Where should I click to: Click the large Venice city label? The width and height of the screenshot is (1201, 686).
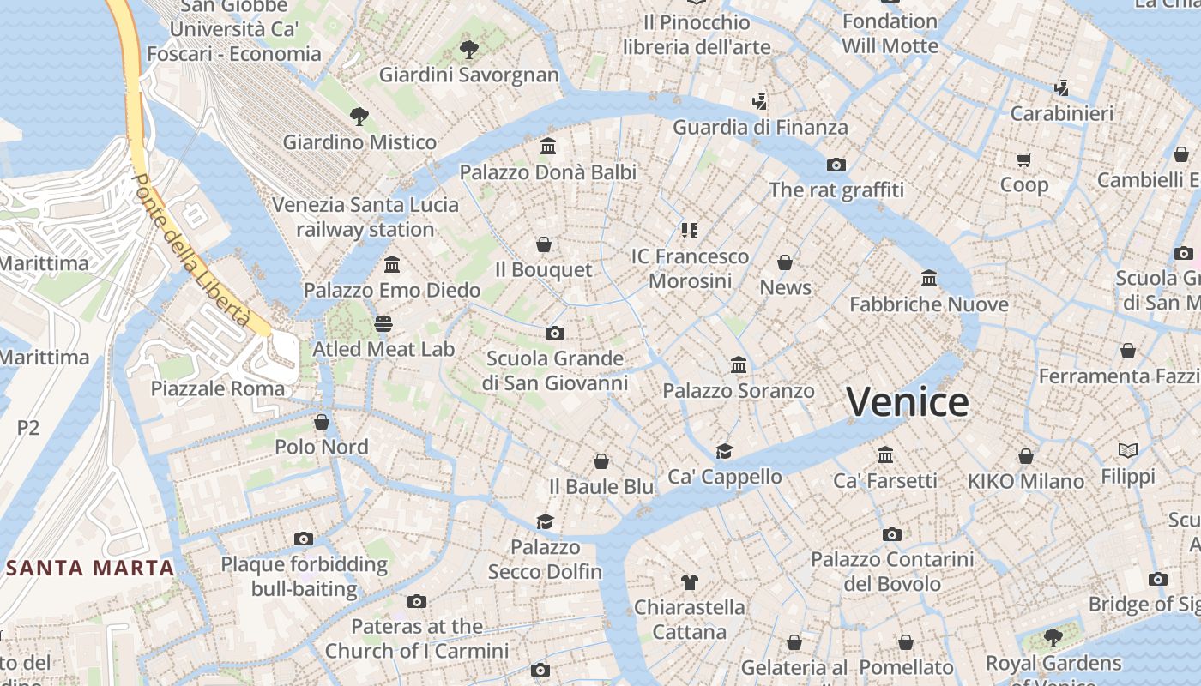pyautogui.click(x=908, y=401)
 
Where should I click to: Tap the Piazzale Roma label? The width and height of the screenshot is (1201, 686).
pyautogui.click(x=217, y=388)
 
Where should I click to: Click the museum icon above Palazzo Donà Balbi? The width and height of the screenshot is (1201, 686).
pyautogui.click(x=548, y=147)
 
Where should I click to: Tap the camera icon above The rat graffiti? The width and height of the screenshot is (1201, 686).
pyautogui.click(x=836, y=165)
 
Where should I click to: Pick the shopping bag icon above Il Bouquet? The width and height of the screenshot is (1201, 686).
pyautogui.click(x=543, y=245)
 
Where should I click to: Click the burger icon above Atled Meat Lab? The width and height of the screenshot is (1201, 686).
pyautogui.click(x=383, y=324)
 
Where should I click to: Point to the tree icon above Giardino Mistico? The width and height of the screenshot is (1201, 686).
pyautogui.click(x=359, y=117)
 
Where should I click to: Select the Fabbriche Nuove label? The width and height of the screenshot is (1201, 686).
pyautogui.click(x=928, y=304)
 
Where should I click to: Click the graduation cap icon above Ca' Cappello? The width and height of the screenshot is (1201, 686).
pyautogui.click(x=725, y=451)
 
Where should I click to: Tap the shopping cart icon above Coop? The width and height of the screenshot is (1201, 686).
pyautogui.click(x=1023, y=159)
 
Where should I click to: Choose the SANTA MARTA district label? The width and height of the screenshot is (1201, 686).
pyautogui.click(x=90, y=568)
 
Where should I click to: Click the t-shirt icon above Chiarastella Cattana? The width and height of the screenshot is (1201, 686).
pyautogui.click(x=689, y=582)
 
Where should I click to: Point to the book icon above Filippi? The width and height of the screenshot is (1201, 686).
pyautogui.click(x=1128, y=450)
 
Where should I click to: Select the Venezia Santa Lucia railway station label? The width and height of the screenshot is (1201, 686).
pyautogui.click(x=365, y=217)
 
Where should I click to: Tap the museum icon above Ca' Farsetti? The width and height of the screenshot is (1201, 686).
pyautogui.click(x=885, y=455)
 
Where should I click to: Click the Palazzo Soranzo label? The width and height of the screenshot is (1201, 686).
pyautogui.click(x=738, y=391)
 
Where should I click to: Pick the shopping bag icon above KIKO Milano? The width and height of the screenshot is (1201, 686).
pyautogui.click(x=1026, y=456)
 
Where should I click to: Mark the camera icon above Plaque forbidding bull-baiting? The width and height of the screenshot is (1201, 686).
pyautogui.click(x=304, y=539)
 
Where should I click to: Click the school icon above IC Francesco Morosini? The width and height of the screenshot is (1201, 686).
pyautogui.click(x=690, y=230)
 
